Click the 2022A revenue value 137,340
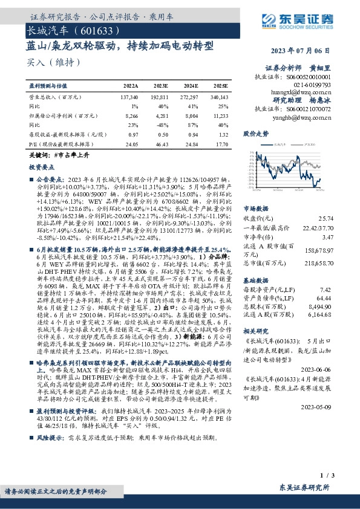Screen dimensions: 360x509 pyautogui.click(x=129, y=97)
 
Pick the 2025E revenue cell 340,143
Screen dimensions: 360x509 pyautogui.click(x=221, y=97)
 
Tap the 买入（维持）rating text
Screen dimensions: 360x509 pyautogui.click(x=46, y=62)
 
